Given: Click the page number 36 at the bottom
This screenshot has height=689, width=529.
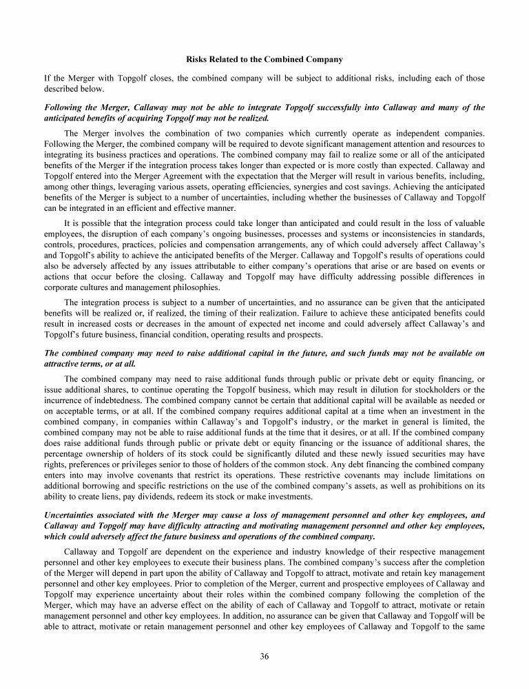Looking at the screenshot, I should [x=264, y=655].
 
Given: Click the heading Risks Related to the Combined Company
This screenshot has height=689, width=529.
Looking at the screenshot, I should [x=264, y=59].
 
